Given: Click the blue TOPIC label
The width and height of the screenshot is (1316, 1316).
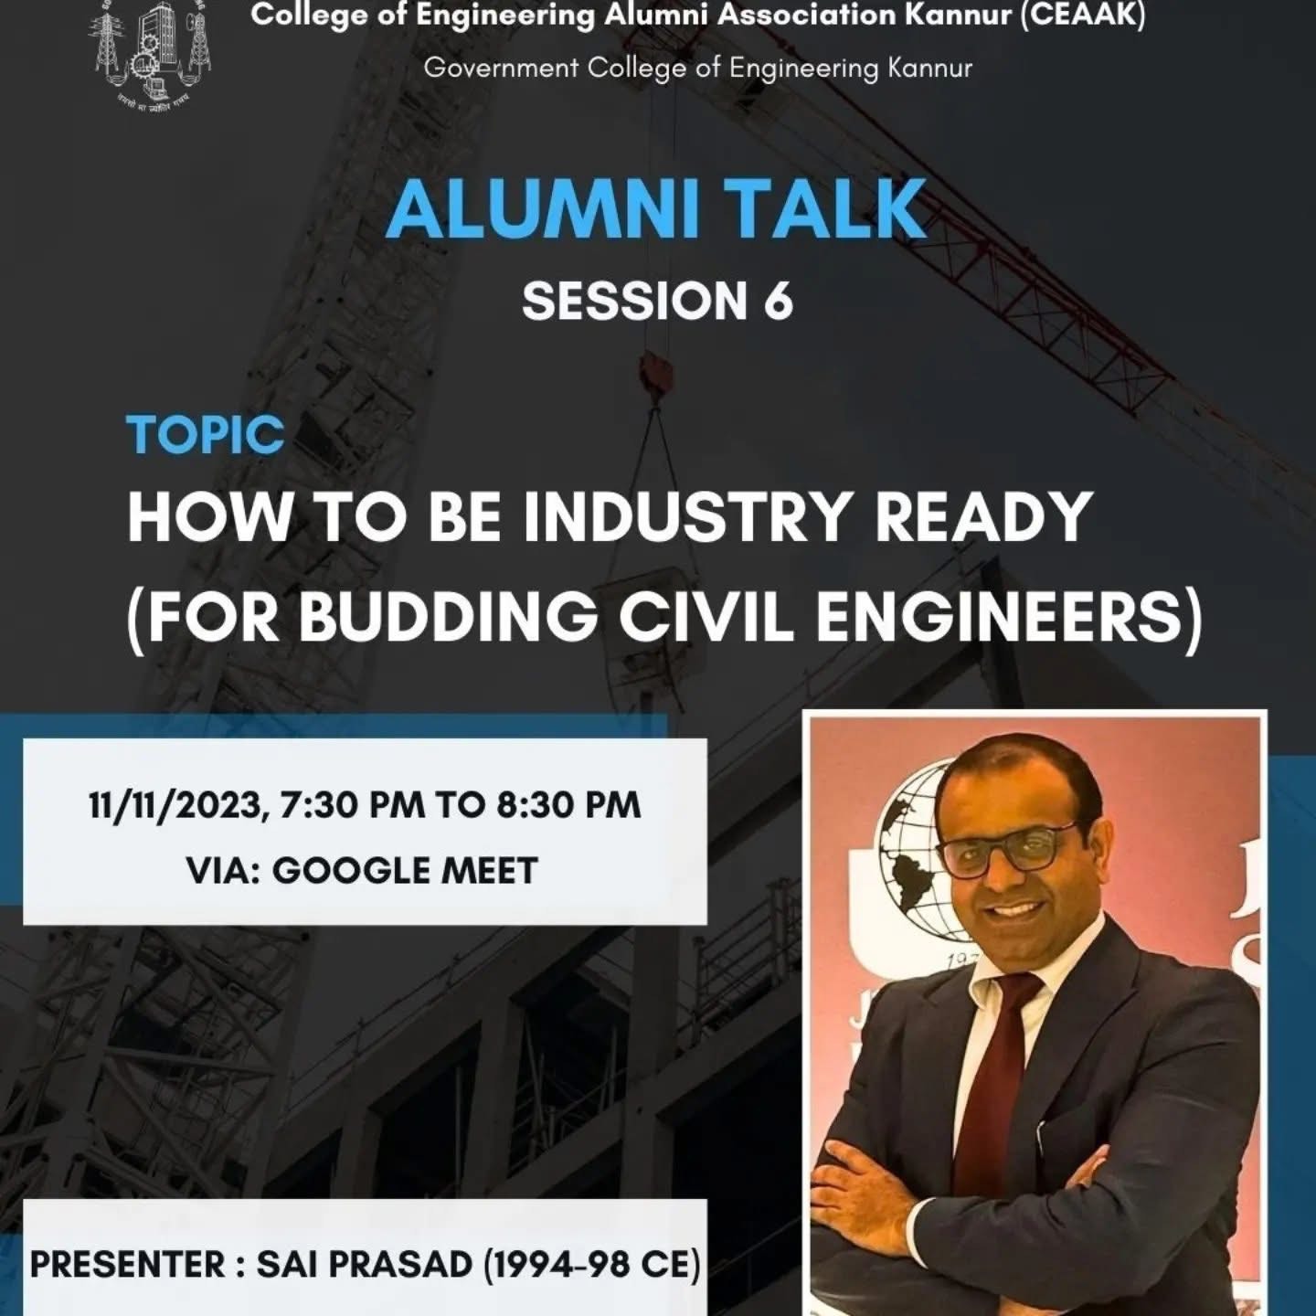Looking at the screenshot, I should point(206,435).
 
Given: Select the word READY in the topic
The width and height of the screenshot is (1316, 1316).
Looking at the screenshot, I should point(984,517).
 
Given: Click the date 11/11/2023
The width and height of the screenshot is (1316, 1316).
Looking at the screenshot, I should point(177,805).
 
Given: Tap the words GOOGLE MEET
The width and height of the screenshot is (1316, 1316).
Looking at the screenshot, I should point(405,871).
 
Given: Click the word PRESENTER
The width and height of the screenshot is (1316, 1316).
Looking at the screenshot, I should point(128,1265).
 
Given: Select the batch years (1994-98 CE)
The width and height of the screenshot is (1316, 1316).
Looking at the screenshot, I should point(591,1265).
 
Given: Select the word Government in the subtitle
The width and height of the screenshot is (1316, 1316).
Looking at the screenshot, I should point(501,69).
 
